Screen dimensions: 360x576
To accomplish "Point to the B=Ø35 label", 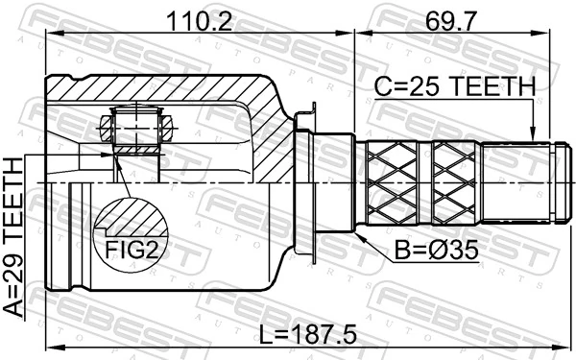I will [435, 252].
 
